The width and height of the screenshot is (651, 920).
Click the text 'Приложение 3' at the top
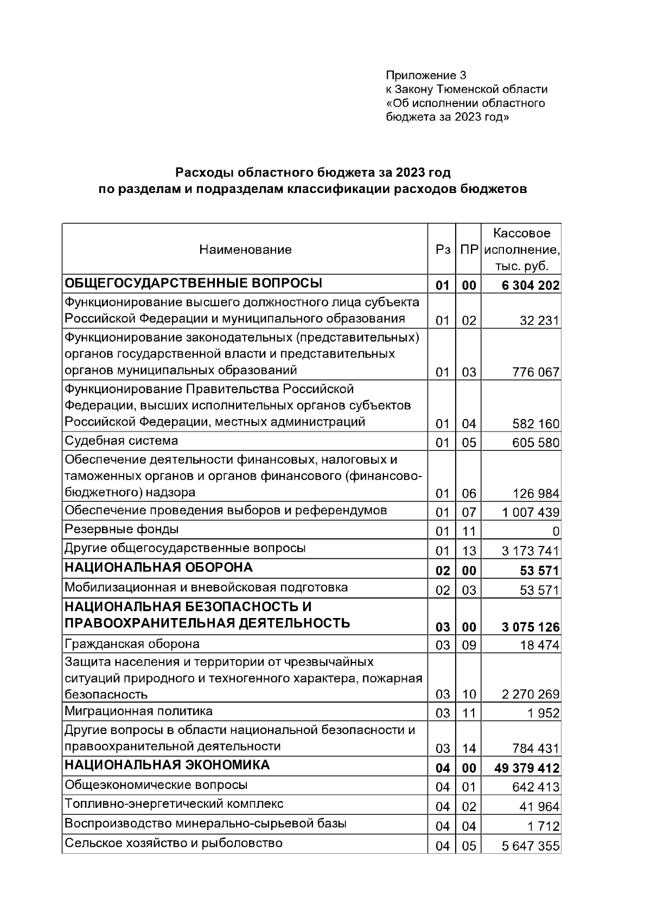click(x=426, y=75)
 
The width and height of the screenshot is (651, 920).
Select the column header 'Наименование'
click(x=245, y=250)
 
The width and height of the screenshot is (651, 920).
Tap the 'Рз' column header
click(x=443, y=250)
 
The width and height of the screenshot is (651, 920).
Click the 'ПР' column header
click(x=469, y=250)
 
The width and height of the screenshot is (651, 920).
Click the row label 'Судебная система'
click(x=122, y=441)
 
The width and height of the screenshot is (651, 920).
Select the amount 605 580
click(x=535, y=443)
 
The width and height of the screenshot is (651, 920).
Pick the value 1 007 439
click(x=531, y=513)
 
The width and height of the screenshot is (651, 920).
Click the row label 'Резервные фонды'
click(x=122, y=529)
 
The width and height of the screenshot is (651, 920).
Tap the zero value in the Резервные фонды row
click(x=556, y=532)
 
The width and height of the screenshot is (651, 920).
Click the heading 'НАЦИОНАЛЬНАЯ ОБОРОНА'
click(x=158, y=568)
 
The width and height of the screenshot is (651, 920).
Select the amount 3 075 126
click(x=531, y=628)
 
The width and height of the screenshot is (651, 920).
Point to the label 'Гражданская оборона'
click(x=132, y=644)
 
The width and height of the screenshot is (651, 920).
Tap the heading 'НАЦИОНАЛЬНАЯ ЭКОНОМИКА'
click(x=167, y=765)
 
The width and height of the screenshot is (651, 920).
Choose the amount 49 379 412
click(x=527, y=769)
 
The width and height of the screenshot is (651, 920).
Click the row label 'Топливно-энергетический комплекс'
click(x=174, y=804)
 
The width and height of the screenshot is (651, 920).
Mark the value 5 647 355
click(x=531, y=846)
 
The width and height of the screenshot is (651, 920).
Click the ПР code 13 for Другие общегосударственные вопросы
click(x=469, y=551)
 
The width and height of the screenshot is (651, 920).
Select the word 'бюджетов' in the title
click(x=493, y=190)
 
